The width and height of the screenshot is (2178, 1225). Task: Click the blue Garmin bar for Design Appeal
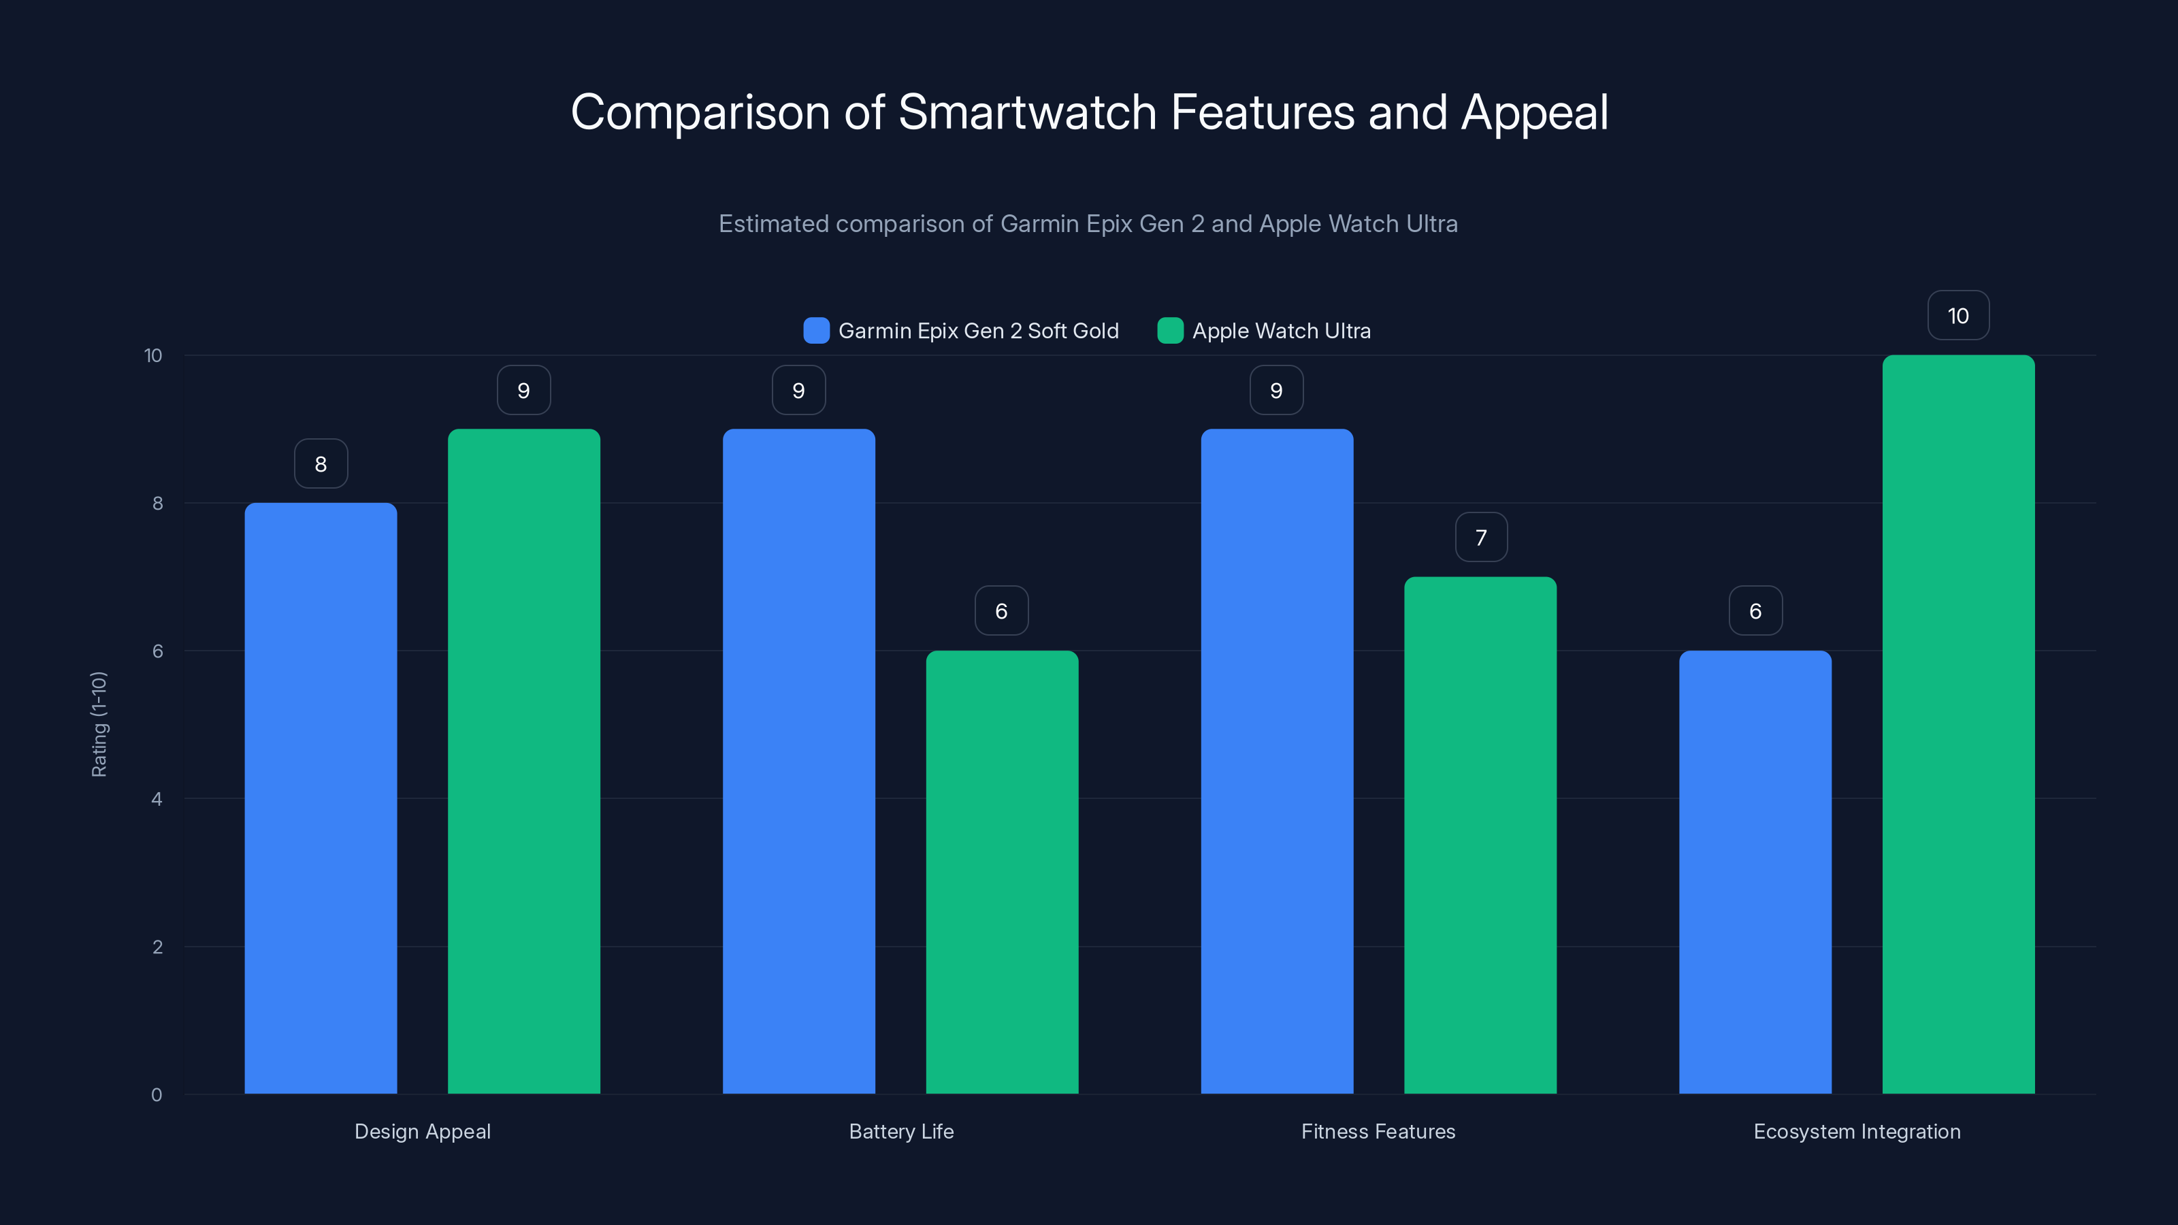pos(321,798)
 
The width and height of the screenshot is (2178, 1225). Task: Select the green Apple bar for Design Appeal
pos(523,761)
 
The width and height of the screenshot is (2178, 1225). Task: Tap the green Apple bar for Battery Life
pos(1002,872)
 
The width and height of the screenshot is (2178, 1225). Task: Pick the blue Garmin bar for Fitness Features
pos(1277,761)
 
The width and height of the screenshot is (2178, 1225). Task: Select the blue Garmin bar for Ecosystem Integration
pos(1755,872)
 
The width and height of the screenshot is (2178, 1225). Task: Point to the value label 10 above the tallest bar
pos(1958,315)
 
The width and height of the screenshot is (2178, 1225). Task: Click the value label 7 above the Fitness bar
pos(1480,537)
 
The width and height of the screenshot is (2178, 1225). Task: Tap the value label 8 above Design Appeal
pos(321,463)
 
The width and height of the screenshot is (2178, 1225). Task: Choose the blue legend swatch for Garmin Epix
pos(816,331)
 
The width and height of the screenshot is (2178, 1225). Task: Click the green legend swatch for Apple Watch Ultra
pos(1170,331)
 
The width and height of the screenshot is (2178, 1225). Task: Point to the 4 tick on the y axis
pos(157,799)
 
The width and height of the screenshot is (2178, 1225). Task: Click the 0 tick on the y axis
pos(157,1095)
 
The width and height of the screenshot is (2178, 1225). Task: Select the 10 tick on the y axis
pos(152,355)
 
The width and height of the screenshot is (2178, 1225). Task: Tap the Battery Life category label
pos(901,1131)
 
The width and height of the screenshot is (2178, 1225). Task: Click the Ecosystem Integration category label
pos(1857,1131)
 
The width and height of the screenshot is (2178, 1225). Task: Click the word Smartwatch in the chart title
pos(1026,112)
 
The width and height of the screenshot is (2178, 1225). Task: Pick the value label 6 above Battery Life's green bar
pos(1001,610)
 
